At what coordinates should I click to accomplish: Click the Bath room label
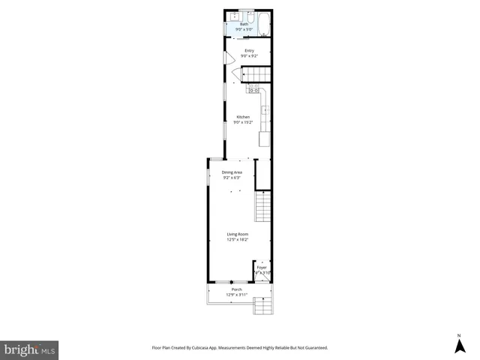point(244,25)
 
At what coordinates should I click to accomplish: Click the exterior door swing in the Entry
point(229,58)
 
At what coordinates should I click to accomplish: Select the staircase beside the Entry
point(256,73)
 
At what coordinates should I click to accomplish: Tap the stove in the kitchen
point(253,89)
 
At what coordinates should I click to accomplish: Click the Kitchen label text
point(243,117)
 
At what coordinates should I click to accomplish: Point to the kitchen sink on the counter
point(265,111)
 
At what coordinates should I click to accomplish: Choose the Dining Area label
point(232,172)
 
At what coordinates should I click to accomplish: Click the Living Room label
point(238,235)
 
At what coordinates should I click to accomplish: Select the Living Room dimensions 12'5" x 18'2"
point(238,240)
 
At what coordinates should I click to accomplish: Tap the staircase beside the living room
point(262,206)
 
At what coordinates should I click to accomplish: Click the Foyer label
point(262,267)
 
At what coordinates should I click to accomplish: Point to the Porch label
point(236,289)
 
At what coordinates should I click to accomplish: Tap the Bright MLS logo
point(29,349)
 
